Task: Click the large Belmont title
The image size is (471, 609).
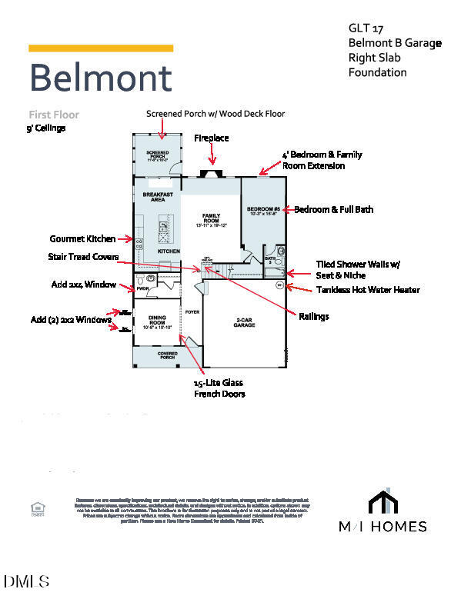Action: pos(100,78)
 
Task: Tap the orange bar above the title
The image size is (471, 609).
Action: pos(100,48)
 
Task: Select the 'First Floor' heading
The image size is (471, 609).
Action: pos(54,115)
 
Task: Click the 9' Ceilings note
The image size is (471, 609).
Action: pos(46,128)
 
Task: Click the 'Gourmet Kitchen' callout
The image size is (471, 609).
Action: pos(83,239)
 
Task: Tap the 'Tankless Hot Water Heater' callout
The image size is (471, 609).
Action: pos(368,290)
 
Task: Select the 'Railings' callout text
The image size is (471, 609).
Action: pos(313,316)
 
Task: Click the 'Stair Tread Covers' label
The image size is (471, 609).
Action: pos(84,256)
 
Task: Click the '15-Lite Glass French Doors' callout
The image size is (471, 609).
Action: pos(219,388)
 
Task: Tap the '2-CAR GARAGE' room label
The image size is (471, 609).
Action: pos(244,323)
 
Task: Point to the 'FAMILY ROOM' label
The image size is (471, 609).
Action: pos(211,218)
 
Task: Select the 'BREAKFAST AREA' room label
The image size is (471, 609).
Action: pos(157,197)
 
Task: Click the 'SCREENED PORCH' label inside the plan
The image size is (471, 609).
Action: pos(157,156)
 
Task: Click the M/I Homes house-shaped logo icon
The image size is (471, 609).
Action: pos(383,501)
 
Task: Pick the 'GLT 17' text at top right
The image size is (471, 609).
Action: pos(365,28)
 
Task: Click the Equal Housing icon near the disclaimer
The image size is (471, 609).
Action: pos(36,508)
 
